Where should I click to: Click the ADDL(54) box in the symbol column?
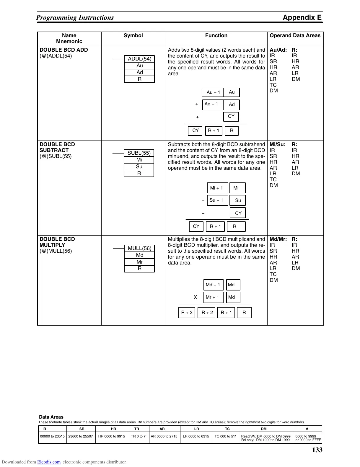pos(139,59)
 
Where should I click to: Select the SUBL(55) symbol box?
pos(139,153)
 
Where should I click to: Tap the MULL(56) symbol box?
pos(139,248)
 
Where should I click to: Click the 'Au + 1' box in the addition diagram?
pos(213,92)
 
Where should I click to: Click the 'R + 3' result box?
pos(187,313)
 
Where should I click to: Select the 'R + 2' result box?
pos(207,313)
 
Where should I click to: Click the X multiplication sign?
pos(195,297)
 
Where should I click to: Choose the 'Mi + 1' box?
pos(217,188)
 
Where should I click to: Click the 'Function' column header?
pos(216,36)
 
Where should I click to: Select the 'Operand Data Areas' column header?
pos(295,36)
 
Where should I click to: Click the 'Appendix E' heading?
pos(302,17)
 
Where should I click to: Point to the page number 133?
pos(317,450)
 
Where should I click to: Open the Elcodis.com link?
pos(49,462)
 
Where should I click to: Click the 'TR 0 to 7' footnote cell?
pos(138,436)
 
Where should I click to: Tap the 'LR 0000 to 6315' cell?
pos(196,436)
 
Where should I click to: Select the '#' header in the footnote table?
pos(307,429)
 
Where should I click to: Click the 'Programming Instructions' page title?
pos(75,18)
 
